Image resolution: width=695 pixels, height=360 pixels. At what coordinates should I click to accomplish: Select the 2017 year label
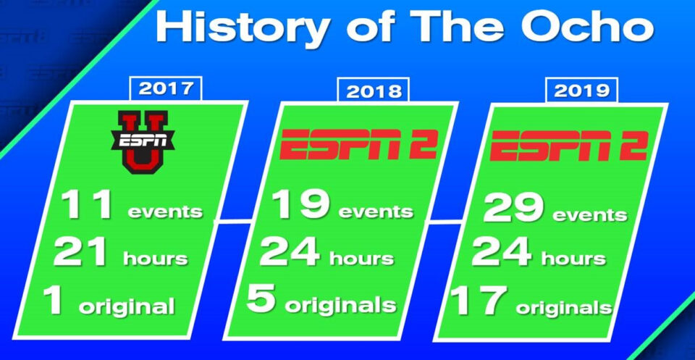coord(165,88)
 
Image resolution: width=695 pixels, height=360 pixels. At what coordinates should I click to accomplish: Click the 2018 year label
coord(374,91)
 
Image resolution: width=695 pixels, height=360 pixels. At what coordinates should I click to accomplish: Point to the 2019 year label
coord(581,91)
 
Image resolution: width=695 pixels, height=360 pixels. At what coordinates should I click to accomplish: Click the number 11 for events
coord(86,205)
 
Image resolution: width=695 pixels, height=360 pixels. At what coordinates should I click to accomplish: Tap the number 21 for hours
coord(80,252)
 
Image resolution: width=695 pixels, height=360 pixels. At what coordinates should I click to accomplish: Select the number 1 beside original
coord(54,300)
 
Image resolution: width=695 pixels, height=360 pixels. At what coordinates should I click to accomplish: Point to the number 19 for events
coord(300,205)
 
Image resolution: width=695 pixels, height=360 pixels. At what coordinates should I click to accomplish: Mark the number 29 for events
coord(513,207)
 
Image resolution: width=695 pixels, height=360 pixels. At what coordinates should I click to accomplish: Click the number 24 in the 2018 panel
coord(290,252)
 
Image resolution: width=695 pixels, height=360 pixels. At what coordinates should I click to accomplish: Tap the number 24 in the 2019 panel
coord(501,252)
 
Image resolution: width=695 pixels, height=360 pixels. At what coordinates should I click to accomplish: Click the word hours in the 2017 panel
coord(156,258)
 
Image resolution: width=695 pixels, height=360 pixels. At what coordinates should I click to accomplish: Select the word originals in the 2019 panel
coord(564,308)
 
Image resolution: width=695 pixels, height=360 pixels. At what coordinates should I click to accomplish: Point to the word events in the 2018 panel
coord(376,211)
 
